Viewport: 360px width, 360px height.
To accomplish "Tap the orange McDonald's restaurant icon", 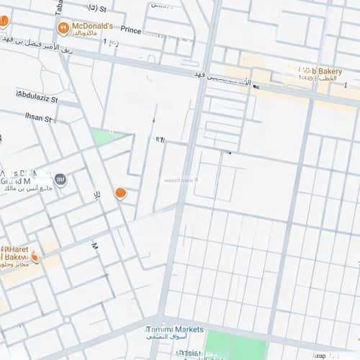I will click(x=63, y=28).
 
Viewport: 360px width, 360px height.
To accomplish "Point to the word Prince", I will click(x=131, y=30).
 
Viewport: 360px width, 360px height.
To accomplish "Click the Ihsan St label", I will click(x=38, y=117).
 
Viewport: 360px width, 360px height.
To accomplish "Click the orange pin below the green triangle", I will click(x=120, y=193).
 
